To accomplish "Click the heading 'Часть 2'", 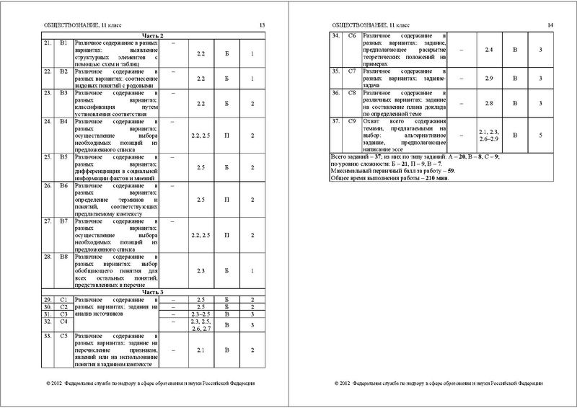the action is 153,35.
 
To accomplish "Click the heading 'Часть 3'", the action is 153,292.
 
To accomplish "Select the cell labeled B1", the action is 63,43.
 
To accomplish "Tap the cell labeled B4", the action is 63,123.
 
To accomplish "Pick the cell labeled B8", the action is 63,256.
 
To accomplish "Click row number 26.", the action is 47,187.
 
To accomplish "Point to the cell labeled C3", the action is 63,314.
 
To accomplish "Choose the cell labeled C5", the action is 63,336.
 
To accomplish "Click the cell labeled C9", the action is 353,120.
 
